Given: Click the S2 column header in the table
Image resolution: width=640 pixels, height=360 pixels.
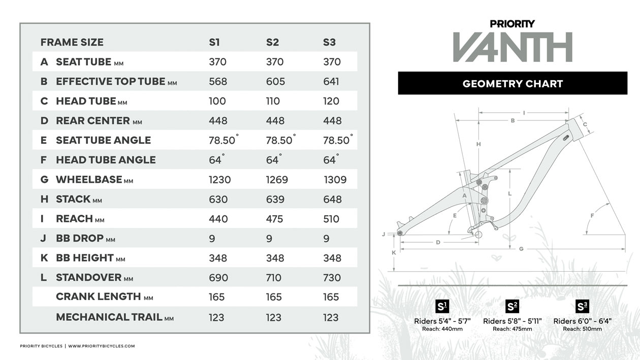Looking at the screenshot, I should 272,42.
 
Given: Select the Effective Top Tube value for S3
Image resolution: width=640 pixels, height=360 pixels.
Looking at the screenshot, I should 331,81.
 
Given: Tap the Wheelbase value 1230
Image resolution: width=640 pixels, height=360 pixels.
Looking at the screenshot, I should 219,179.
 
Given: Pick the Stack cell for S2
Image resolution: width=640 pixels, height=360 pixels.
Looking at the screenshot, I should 275,199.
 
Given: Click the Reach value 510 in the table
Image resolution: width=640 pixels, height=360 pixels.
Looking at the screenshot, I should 331,219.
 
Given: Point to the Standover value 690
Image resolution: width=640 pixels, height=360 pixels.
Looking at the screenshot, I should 218,278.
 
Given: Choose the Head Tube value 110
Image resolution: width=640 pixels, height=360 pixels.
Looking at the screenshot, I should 273,101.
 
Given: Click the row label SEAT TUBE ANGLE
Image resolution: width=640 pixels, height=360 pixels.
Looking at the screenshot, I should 103,140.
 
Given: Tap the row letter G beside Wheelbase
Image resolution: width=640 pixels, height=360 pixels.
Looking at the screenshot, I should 44,179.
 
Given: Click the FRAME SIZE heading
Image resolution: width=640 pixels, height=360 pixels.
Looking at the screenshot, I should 72,42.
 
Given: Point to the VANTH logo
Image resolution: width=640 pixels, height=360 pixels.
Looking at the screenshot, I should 513,47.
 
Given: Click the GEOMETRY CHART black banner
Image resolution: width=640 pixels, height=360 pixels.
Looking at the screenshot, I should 513,83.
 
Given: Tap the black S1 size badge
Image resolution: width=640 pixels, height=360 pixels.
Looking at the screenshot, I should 442,306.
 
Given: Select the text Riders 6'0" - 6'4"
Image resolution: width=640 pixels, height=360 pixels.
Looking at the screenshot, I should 582,321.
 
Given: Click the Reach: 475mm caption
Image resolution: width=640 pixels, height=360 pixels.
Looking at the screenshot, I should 513,329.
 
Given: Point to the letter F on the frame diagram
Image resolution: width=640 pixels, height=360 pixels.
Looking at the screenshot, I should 592,216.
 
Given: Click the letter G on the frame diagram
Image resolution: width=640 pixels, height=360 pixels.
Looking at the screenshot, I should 521,249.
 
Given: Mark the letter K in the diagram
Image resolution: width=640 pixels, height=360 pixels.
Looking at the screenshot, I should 394,252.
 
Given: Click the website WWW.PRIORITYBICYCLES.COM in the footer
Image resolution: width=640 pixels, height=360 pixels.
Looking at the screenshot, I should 102,346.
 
